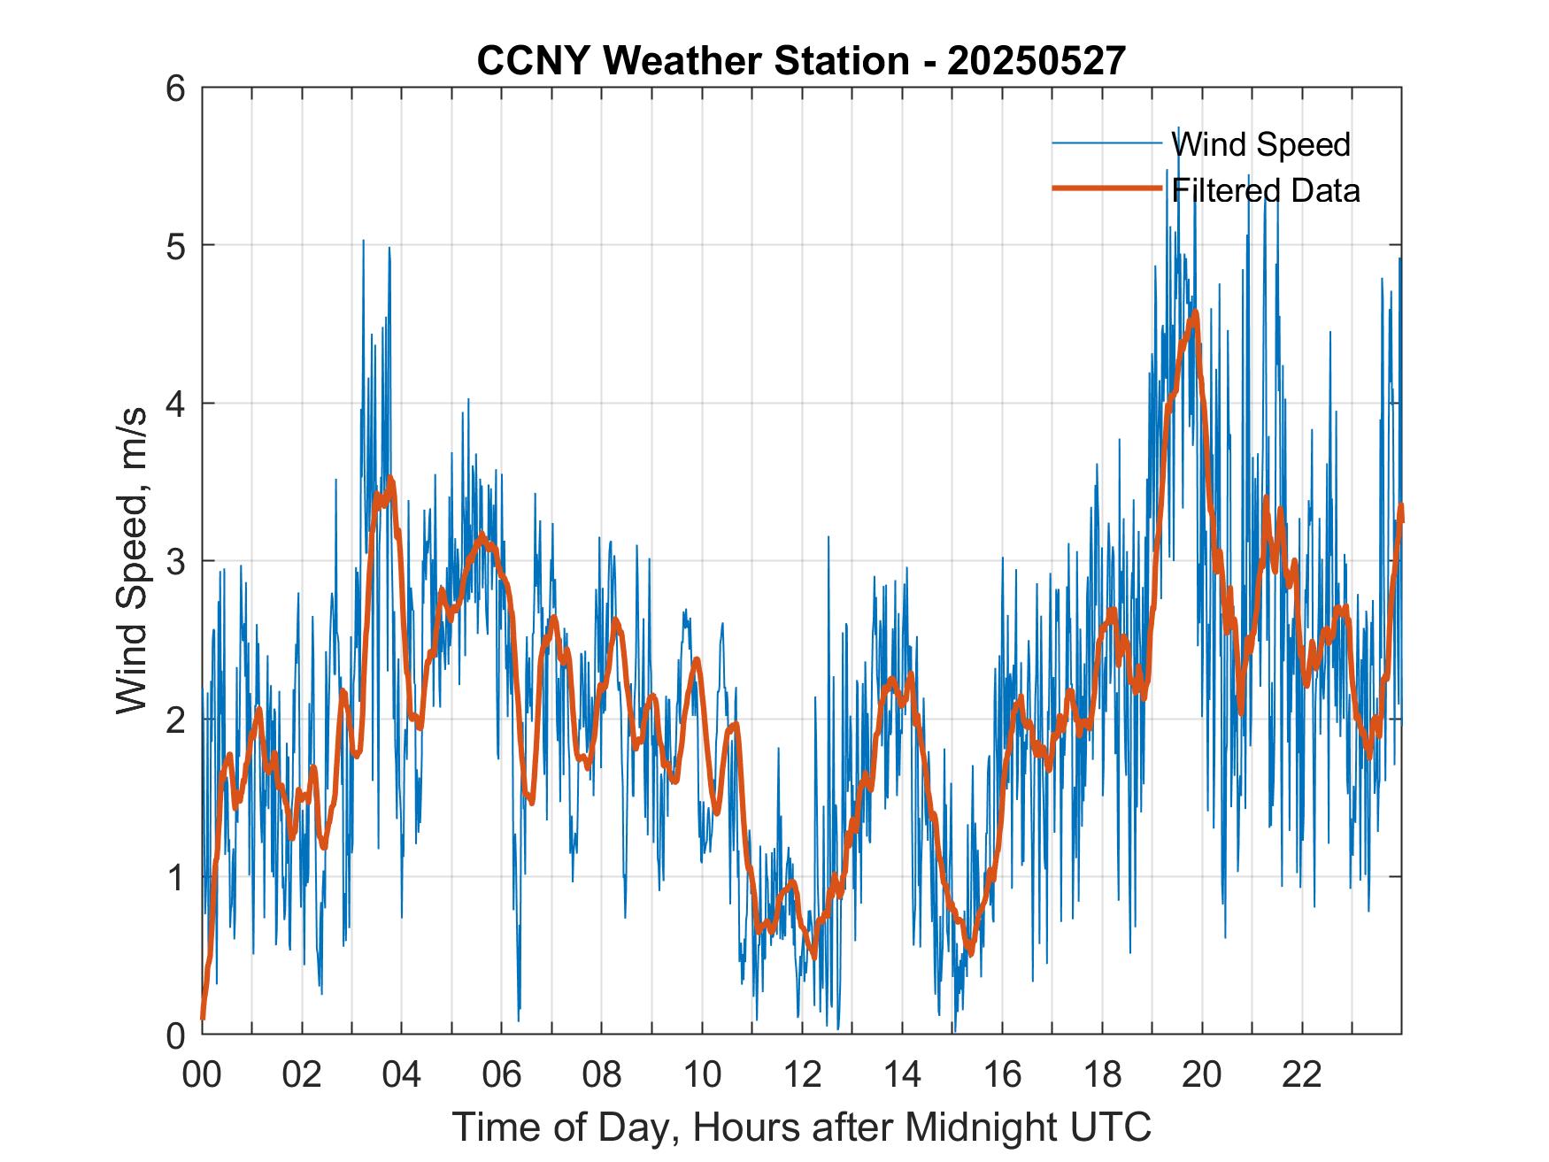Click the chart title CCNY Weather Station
click(x=691, y=61)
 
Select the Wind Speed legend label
click(x=1260, y=144)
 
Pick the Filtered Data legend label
click(x=1265, y=190)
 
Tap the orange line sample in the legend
click(x=1106, y=189)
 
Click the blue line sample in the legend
click(x=1106, y=143)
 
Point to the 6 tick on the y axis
click(x=181, y=88)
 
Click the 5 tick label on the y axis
click(x=181, y=245)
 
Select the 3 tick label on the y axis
click(x=181, y=561)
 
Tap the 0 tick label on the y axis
click(x=181, y=1035)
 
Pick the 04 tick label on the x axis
click(x=402, y=1074)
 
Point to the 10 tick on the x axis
click(x=702, y=1074)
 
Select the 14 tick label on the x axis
click(x=902, y=1074)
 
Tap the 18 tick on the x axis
click(x=1102, y=1074)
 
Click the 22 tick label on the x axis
click(x=1302, y=1074)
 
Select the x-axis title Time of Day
click(x=801, y=1127)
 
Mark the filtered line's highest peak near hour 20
click(x=1195, y=312)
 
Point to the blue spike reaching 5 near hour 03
click(x=363, y=241)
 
